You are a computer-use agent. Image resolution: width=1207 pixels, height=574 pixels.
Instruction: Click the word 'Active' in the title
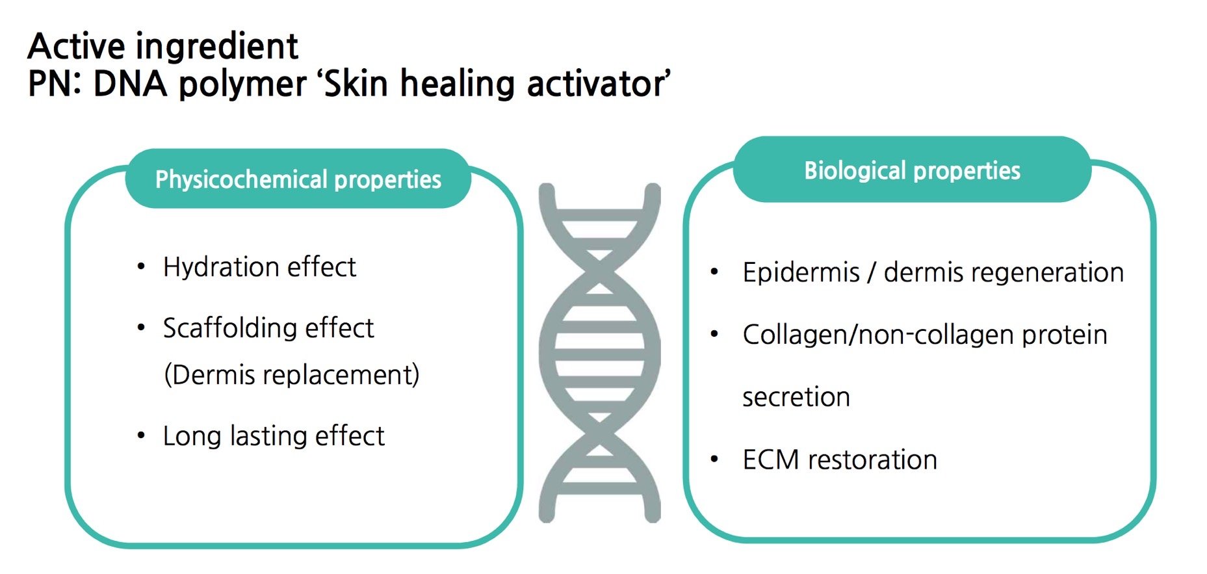76,46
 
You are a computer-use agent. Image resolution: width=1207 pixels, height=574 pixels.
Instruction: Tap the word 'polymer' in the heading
242,85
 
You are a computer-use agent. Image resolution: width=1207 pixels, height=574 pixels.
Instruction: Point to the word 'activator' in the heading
597,84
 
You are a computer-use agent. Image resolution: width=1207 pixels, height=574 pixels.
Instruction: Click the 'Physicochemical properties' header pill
298,179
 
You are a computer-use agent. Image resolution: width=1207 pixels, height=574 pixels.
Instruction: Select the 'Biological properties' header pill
912,170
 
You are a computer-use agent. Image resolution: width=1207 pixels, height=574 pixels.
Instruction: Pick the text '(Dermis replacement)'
291,374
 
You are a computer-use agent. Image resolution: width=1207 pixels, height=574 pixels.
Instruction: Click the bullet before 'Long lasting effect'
141,436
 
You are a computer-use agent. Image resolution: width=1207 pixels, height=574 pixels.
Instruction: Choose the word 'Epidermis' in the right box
801,272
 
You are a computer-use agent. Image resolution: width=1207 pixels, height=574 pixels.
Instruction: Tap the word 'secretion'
796,397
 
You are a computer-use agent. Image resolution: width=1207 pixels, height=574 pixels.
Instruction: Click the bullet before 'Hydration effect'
141,267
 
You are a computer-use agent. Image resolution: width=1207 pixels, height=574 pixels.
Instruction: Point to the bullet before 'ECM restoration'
714,460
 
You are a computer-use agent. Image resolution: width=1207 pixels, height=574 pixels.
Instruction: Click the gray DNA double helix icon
599,353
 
